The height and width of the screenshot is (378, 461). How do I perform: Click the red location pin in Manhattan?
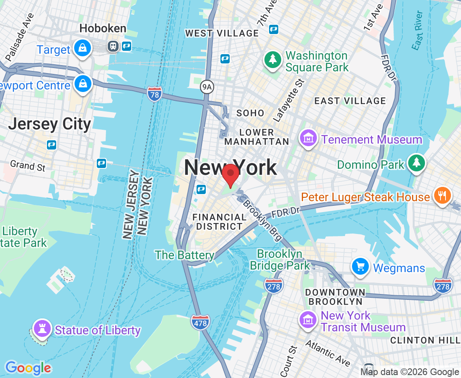230,175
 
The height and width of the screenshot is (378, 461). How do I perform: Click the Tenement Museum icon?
308,138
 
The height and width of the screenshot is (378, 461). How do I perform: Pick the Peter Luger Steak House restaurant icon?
441,196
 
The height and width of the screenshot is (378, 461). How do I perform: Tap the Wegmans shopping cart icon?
360,267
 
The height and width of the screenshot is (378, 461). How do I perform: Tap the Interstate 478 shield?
200,322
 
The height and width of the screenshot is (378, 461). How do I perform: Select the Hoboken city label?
103,29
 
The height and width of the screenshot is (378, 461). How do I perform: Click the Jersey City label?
50,124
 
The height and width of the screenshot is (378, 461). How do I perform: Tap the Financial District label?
219,222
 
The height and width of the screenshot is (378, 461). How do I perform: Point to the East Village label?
350,101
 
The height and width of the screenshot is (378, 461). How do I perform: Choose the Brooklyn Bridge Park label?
280,260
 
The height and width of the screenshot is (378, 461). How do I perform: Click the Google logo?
28,368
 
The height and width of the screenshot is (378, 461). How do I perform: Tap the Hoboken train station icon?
113,46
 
